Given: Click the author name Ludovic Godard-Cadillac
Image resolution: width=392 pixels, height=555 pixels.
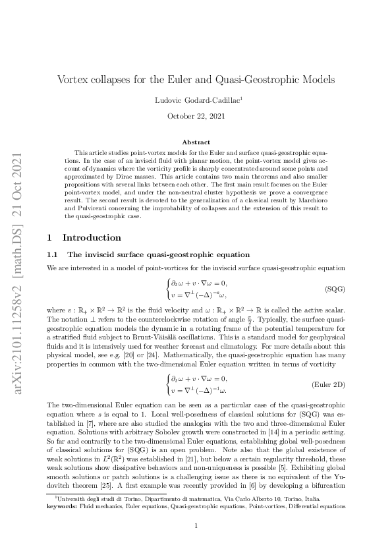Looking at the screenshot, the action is pyautogui.click(x=195, y=100).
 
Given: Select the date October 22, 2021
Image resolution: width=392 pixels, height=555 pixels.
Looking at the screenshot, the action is pyautogui.click(x=196, y=116).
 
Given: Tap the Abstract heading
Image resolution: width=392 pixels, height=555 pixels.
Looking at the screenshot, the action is pyautogui.click(x=196, y=142).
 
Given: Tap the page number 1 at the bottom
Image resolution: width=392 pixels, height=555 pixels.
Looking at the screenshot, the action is pyautogui.click(x=196, y=525).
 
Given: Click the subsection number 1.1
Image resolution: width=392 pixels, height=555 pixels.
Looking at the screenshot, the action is pyautogui.click(x=53, y=236).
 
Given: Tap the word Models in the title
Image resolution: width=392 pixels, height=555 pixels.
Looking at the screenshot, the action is pyautogui.click(x=318, y=80).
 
